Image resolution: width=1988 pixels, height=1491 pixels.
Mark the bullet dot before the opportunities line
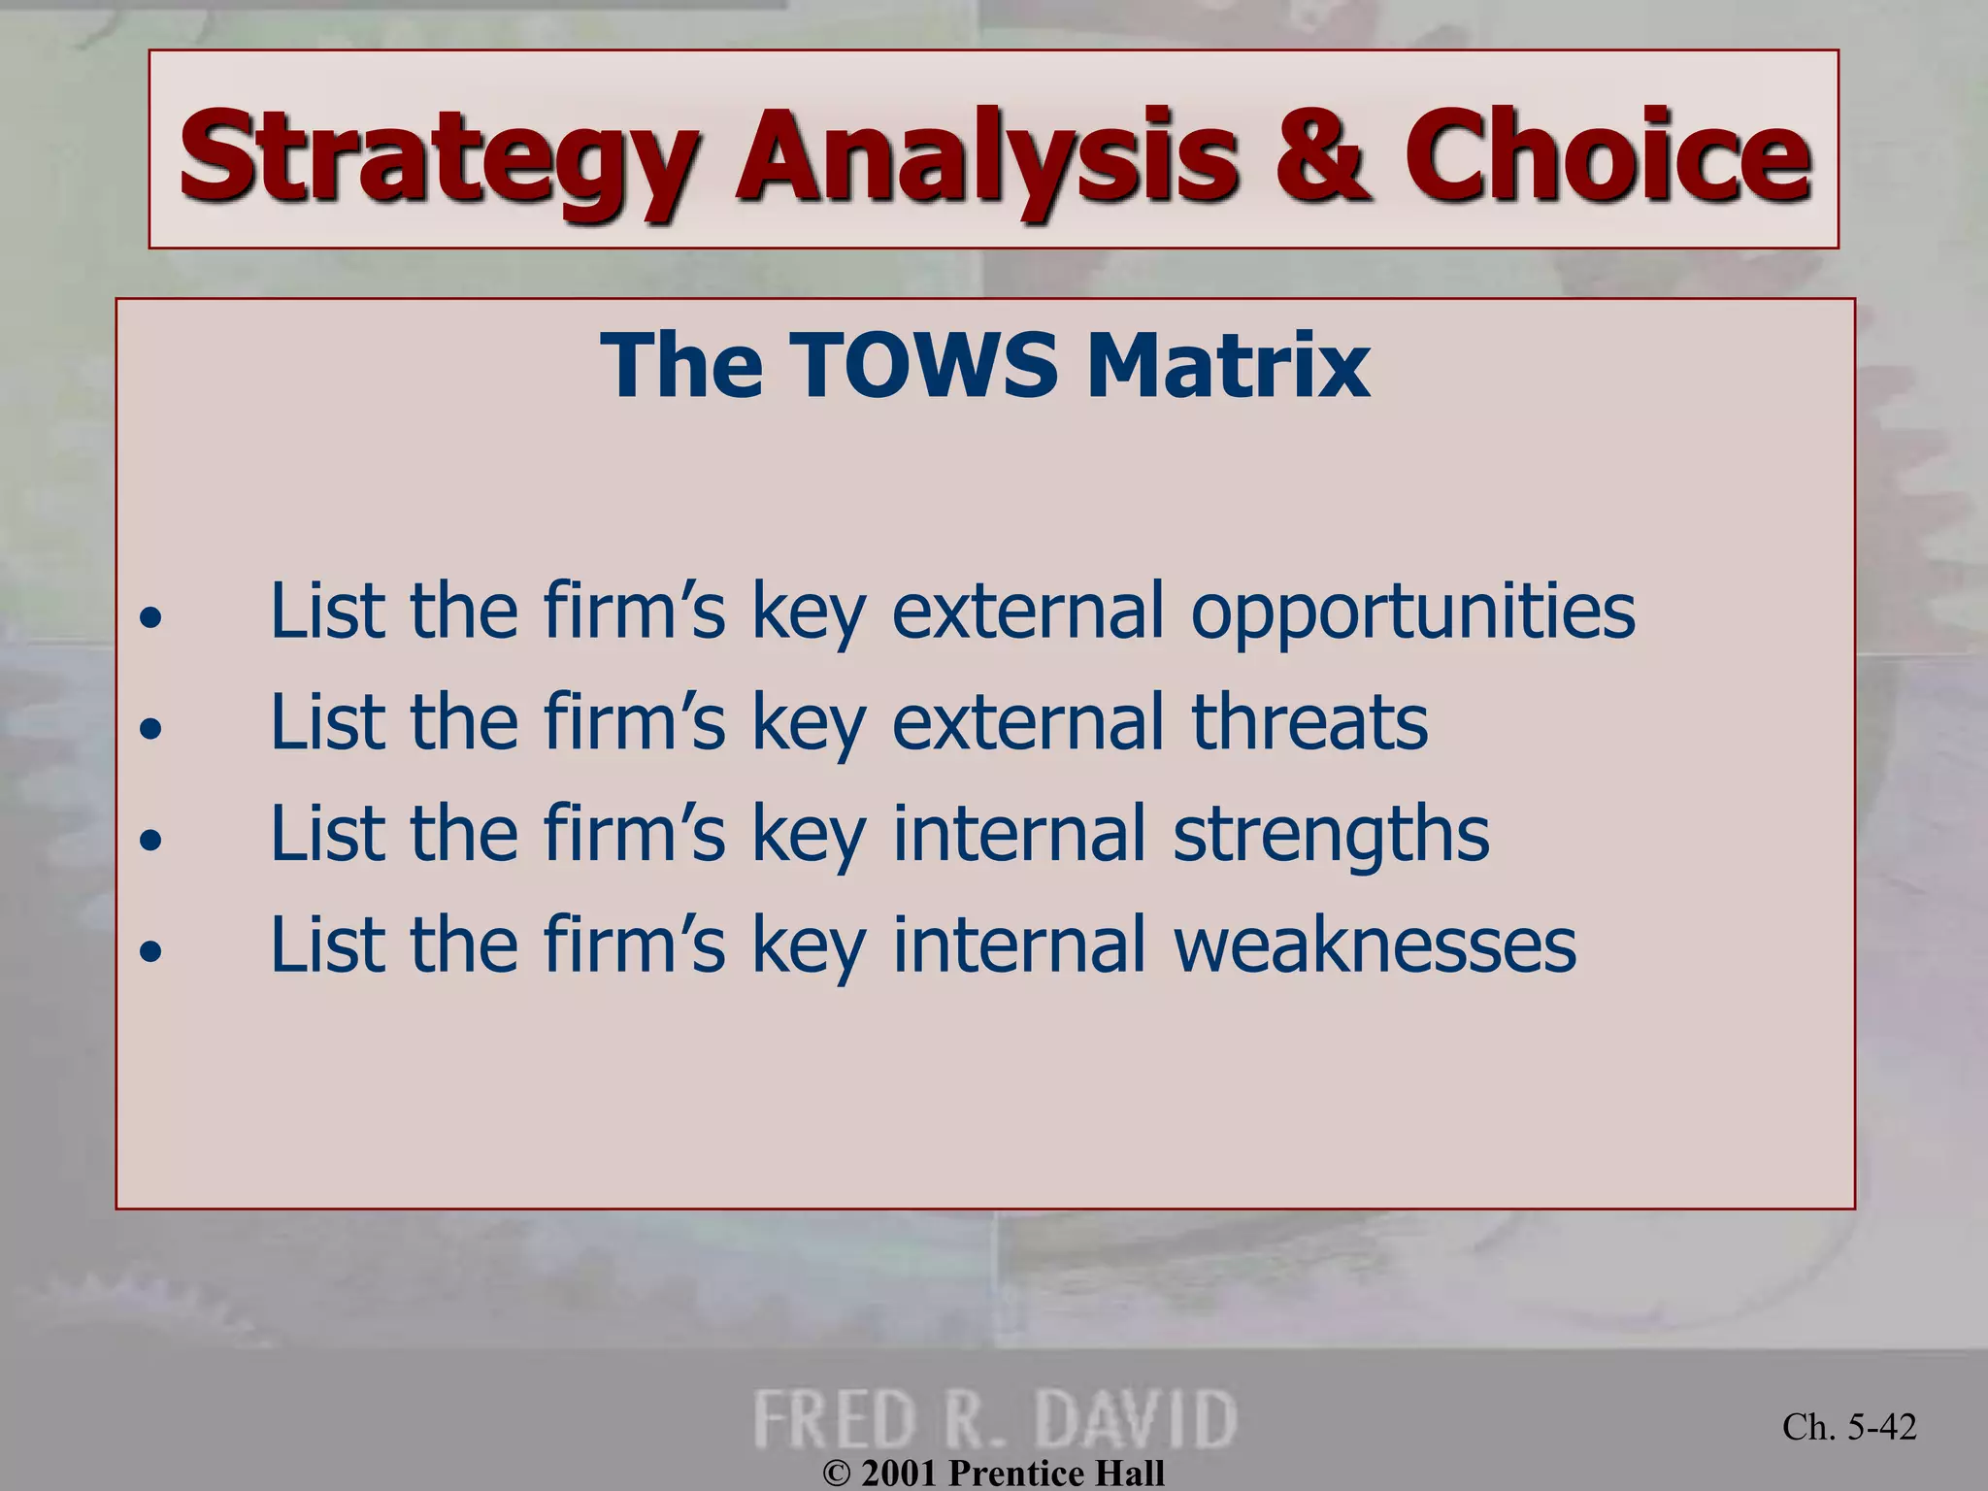click(x=149, y=617)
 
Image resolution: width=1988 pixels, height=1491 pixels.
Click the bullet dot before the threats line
click(x=149, y=728)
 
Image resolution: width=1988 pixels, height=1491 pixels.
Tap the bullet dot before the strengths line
click(x=149, y=840)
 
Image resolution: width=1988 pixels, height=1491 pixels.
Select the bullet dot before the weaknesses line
click(x=149, y=951)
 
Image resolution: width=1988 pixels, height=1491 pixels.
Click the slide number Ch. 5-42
click(x=1848, y=1427)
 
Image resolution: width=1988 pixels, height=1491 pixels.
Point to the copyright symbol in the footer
click(x=836, y=1474)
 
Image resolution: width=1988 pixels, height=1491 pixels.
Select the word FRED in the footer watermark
click(x=835, y=1419)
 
